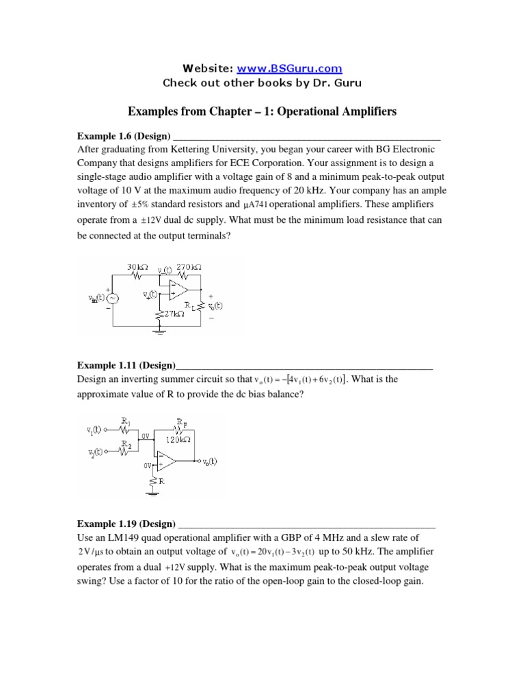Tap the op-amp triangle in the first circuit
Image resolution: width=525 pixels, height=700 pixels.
click(178, 288)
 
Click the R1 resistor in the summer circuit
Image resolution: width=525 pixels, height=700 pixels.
click(126, 430)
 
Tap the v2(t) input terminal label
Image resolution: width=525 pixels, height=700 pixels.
click(93, 453)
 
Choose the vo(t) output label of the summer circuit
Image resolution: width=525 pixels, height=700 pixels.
click(209, 461)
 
